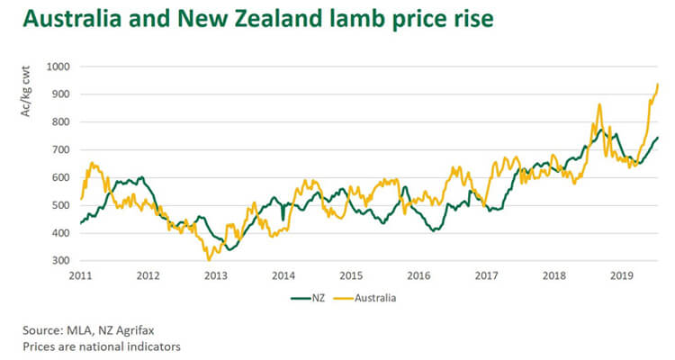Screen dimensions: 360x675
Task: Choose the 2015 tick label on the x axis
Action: coord(350,274)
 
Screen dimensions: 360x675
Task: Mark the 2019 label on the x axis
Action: coord(619,274)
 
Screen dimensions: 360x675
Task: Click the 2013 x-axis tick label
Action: coord(215,274)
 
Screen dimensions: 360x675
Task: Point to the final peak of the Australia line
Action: coord(658,84)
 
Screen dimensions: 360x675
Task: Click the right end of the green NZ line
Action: coord(658,138)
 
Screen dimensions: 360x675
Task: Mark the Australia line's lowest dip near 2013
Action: coord(209,260)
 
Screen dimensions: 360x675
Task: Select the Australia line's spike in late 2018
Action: coord(598,104)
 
